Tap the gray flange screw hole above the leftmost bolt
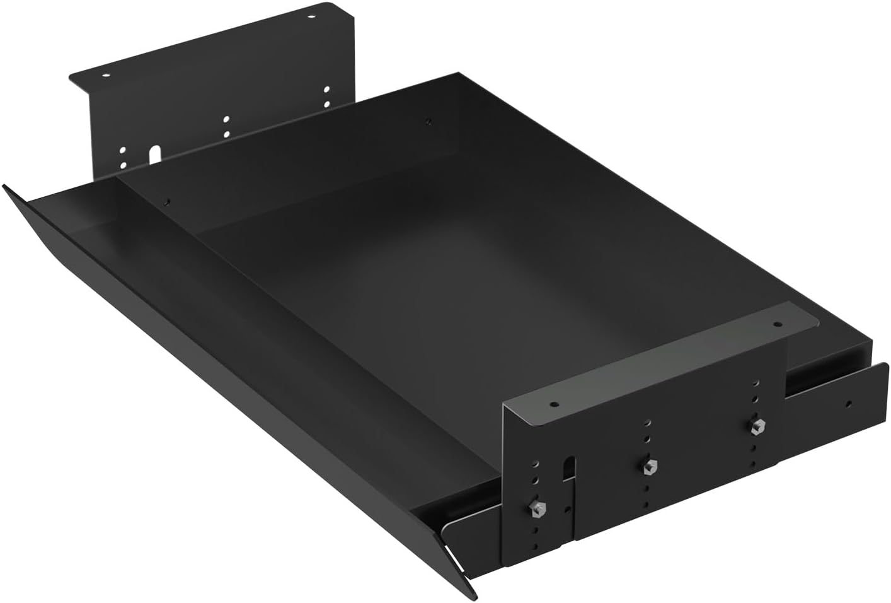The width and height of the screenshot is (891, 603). pos(554,403)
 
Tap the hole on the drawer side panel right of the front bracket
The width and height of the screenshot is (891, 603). pos(849,404)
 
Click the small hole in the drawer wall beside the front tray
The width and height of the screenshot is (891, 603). pos(168,202)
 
